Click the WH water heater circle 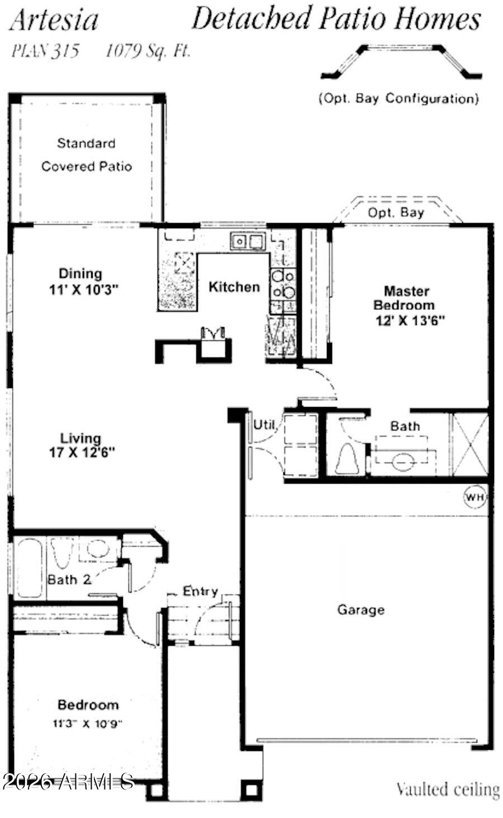click(474, 496)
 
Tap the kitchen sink click(247, 242)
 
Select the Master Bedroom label click(406, 298)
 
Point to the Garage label click(360, 609)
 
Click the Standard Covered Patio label click(86, 155)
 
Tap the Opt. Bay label click(396, 213)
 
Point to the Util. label click(265, 425)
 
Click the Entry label click(200, 591)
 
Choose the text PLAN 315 click(45, 51)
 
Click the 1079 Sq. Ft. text click(148, 51)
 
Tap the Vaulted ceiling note click(447, 789)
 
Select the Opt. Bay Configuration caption click(398, 99)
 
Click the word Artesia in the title click(54, 20)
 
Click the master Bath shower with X click(469, 445)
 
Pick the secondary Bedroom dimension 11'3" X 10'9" click(88, 724)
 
